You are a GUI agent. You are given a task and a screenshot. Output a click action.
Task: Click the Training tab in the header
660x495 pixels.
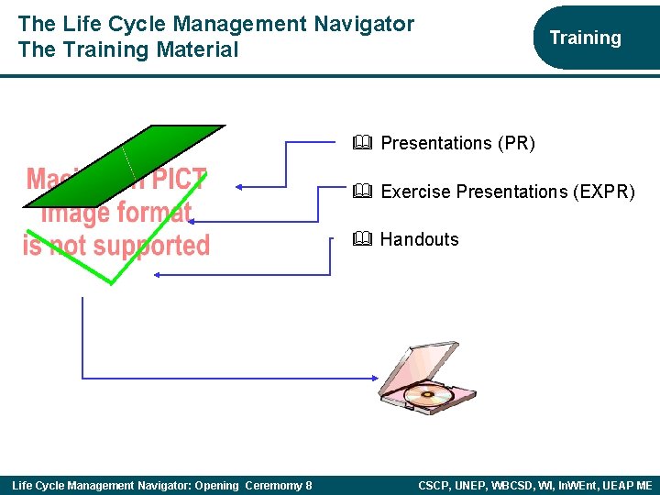click(x=585, y=38)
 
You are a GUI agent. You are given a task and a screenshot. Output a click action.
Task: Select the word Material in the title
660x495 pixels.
click(x=196, y=49)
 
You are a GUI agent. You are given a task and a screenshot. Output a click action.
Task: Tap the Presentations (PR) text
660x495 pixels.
click(x=457, y=143)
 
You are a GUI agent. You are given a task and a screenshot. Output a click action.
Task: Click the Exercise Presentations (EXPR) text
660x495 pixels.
click(x=507, y=192)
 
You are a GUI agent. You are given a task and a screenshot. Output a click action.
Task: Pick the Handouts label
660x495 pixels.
click(x=419, y=239)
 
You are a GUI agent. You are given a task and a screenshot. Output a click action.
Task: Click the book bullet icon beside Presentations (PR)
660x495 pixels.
click(x=360, y=143)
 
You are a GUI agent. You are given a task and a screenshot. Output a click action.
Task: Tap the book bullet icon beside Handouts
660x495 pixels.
click(x=360, y=239)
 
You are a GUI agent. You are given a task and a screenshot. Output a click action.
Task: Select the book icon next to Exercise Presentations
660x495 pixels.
click(x=360, y=192)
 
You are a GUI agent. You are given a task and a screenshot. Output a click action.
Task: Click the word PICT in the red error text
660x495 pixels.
click(x=180, y=180)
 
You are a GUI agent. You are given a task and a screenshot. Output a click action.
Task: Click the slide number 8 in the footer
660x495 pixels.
click(x=308, y=485)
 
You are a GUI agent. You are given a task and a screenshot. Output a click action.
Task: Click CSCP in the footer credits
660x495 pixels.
click(x=435, y=485)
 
